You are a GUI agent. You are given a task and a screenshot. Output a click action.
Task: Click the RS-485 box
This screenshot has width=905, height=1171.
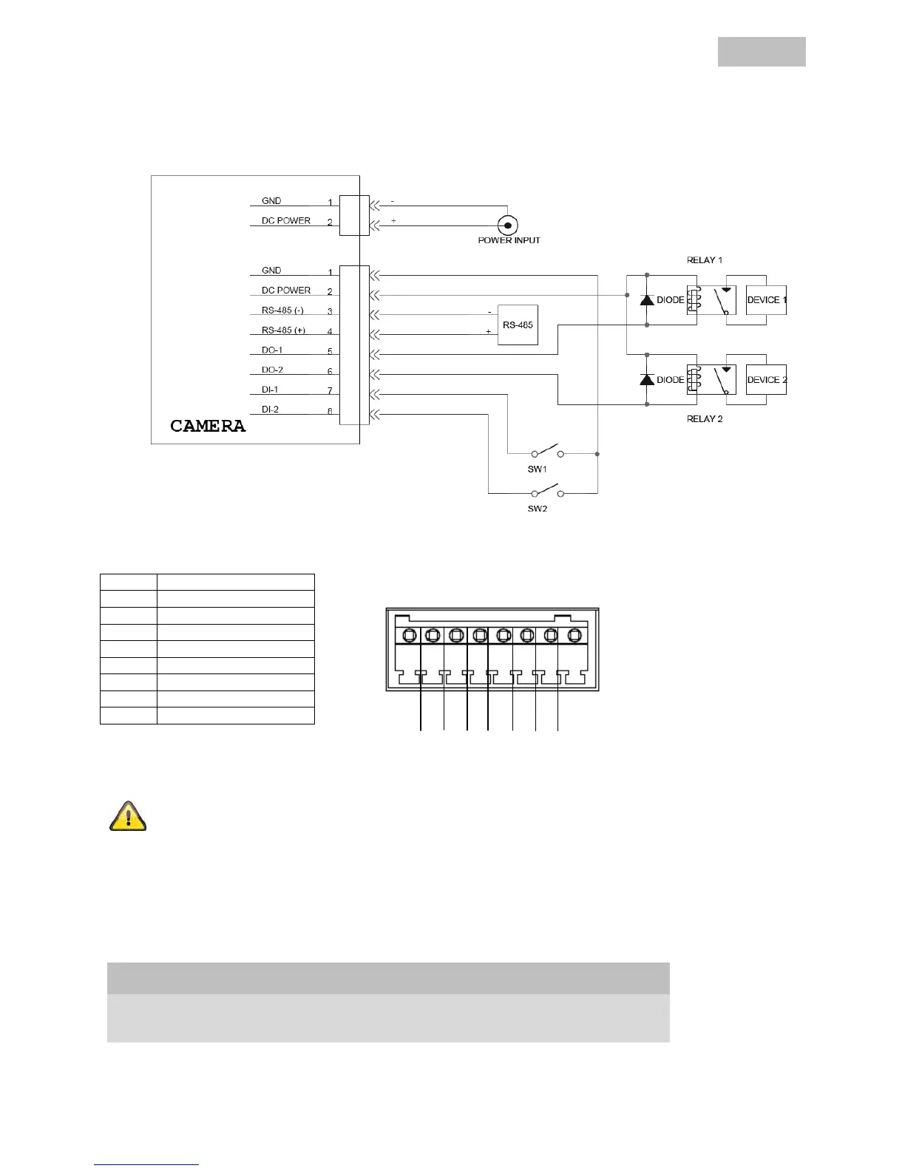coord(518,325)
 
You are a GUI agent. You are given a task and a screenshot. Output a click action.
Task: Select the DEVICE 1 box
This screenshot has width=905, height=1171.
coord(766,300)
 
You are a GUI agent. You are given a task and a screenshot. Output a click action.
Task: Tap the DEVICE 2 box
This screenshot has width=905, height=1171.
coord(766,380)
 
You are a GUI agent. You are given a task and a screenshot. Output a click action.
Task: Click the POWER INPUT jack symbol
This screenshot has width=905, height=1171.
coord(507,225)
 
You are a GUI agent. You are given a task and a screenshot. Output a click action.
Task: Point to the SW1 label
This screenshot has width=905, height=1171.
coord(538,469)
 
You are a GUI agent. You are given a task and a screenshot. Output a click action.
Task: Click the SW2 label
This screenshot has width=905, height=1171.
coord(538,509)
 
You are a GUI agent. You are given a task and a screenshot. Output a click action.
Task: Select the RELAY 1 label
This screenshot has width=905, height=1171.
coord(705,260)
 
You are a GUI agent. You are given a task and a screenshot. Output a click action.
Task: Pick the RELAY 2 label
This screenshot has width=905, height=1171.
coord(705,419)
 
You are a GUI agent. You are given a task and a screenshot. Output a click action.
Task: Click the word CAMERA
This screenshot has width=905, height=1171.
coord(208,427)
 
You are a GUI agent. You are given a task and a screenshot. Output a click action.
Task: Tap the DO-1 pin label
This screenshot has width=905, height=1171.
coord(272,350)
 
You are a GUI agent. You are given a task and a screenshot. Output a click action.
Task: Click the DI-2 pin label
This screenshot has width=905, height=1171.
coord(270,410)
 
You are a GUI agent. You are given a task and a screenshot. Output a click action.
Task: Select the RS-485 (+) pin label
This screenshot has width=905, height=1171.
coord(283,330)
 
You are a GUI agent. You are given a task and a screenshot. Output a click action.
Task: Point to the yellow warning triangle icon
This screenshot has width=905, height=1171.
coord(128,817)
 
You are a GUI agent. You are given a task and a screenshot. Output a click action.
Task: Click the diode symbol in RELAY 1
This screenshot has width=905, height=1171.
coord(647,300)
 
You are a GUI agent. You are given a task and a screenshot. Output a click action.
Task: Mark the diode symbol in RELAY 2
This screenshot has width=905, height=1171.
coord(647,380)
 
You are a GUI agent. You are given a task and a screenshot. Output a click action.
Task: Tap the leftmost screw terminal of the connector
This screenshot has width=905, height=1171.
coord(409,635)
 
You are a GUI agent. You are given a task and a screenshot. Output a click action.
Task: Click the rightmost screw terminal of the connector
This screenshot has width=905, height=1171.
coord(574,635)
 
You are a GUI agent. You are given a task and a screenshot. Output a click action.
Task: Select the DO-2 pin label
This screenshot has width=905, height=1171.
coord(272,370)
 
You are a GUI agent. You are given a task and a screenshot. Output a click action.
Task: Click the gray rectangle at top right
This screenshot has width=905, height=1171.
coord(762,52)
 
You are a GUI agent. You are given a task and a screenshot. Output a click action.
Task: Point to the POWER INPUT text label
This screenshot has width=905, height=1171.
coord(509,240)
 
